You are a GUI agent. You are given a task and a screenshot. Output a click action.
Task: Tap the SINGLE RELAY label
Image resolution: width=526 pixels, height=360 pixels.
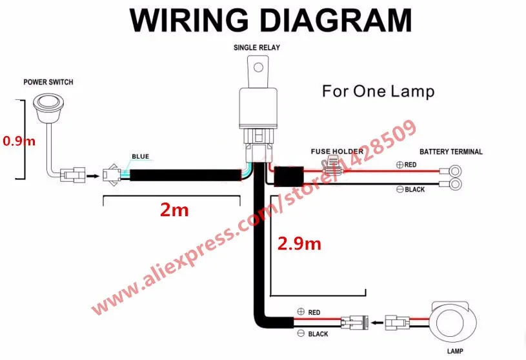(257, 48)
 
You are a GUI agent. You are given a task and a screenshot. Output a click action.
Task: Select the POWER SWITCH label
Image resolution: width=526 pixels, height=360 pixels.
(48, 82)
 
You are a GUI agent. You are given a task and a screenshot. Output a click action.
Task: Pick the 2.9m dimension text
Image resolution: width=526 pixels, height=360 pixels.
(299, 243)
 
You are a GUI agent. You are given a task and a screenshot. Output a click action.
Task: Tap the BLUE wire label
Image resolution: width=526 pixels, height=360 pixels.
(140, 156)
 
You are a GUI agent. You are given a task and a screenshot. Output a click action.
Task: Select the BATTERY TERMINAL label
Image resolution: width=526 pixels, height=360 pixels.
(451, 152)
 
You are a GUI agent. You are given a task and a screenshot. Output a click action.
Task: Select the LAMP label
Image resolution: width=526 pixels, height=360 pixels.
(454, 352)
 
